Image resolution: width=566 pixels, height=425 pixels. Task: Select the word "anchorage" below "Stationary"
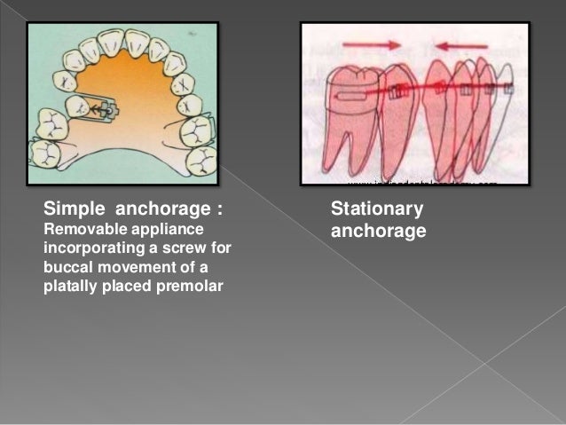[378, 231]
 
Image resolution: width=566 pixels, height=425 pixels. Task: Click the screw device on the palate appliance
[107, 109]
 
